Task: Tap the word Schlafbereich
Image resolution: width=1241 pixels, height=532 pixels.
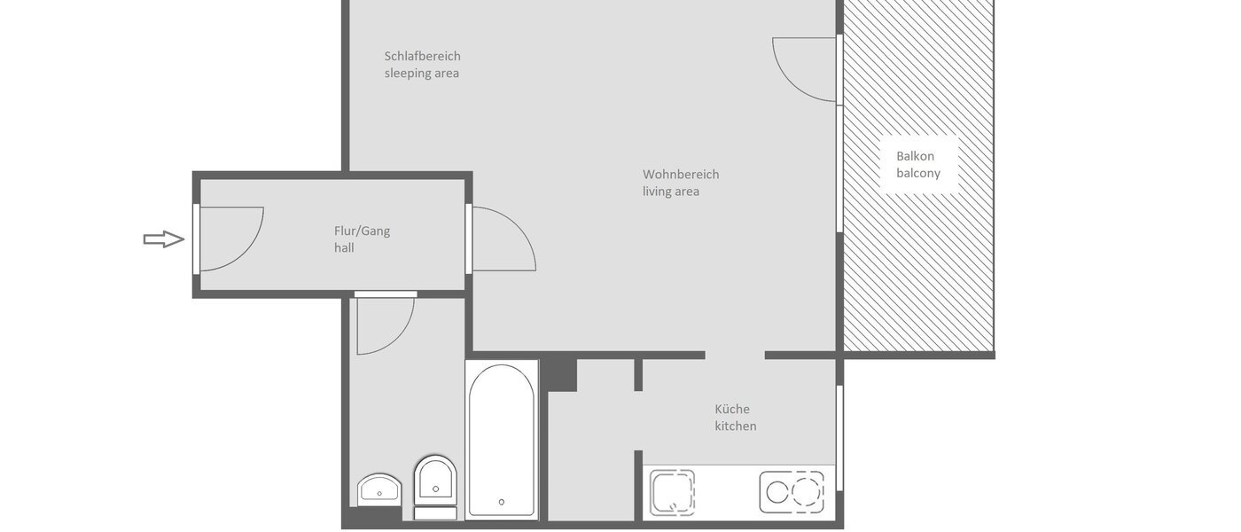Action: pos(422,56)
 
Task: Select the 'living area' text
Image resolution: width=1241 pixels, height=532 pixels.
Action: pos(671,192)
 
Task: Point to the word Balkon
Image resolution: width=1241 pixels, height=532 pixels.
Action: pos(915,156)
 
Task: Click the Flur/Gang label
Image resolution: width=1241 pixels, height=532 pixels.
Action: pos(362,231)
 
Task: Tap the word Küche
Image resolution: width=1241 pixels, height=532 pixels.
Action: pos(732,409)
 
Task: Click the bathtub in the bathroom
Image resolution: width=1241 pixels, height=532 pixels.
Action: pos(502,439)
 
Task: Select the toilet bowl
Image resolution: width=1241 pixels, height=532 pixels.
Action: pos(435,479)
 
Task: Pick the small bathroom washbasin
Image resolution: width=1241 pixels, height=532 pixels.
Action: pos(380,489)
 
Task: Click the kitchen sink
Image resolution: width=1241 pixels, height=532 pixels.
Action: pos(673,492)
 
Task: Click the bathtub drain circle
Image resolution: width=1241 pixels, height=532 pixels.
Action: pos(502,502)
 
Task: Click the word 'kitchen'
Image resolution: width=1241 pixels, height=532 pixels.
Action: pos(736,426)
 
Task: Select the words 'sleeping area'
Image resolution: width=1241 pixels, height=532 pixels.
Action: pos(422,74)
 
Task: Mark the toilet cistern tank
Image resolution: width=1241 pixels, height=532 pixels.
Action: pos(435,512)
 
